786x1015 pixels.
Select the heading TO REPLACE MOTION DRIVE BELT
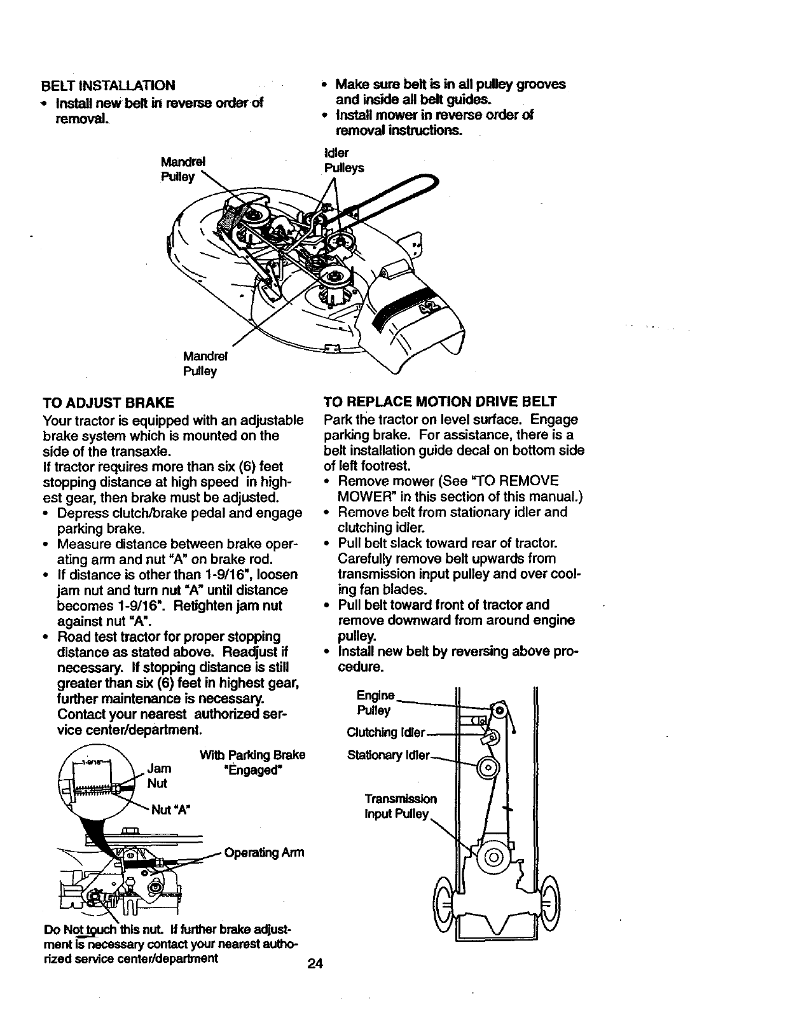(x=440, y=402)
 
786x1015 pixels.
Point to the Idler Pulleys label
(x=343, y=161)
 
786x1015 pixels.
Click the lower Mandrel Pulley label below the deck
(x=200, y=363)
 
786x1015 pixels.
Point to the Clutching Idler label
(x=385, y=732)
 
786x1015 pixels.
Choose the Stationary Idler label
(x=389, y=756)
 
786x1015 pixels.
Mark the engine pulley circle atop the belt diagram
(x=500, y=709)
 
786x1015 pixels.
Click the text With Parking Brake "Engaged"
(x=252, y=763)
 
